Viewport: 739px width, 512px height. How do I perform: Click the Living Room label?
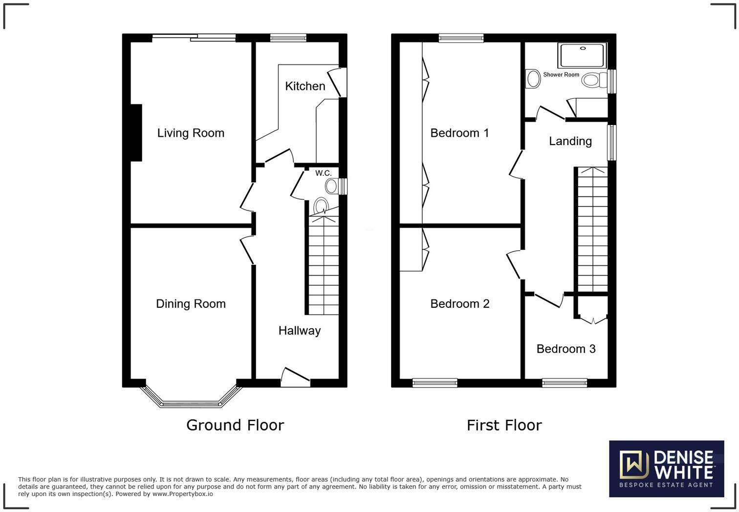point(191,133)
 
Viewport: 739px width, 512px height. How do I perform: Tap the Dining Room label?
point(191,303)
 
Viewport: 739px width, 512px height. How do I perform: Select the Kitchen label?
point(305,86)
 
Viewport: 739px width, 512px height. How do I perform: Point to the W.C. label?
point(323,173)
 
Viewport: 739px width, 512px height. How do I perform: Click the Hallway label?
point(299,330)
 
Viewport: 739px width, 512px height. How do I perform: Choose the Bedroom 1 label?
point(459,133)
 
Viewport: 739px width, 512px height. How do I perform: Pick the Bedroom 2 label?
point(459,303)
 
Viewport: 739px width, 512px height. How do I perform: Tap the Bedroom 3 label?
point(565,349)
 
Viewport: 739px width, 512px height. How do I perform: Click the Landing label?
point(570,141)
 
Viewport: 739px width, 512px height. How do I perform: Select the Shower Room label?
point(561,75)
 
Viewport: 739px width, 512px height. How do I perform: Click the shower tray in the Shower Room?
point(582,55)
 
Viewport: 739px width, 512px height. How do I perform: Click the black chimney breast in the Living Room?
point(136,132)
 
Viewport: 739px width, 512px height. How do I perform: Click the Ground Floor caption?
point(235,425)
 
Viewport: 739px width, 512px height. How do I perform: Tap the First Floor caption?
point(504,425)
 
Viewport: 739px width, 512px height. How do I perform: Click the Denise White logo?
point(666,469)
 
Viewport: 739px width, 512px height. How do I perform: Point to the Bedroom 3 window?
point(565,383)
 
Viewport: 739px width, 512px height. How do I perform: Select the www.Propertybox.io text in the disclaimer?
point(182,494)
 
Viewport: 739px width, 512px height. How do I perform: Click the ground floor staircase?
point(323,264)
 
